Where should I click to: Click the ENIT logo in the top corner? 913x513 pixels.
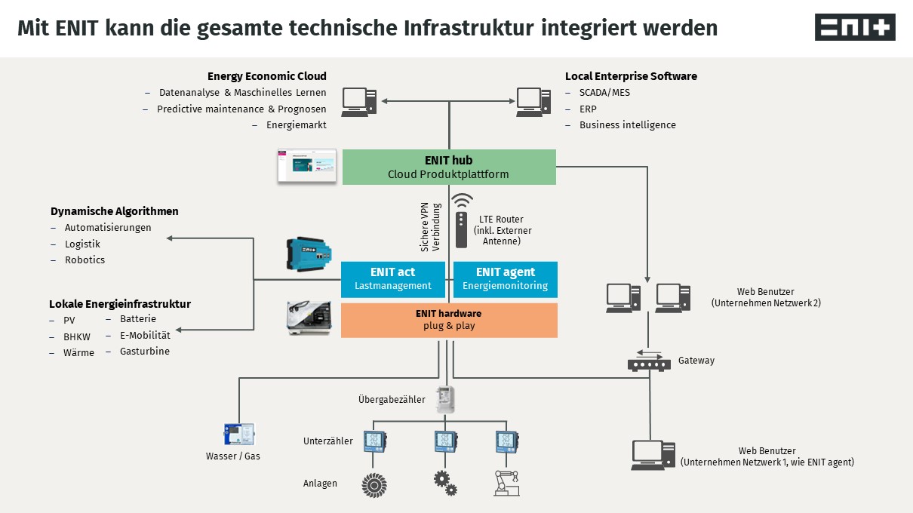pyautogui.click(x=855, y=27)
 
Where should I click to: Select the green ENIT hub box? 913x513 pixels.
pyautogui.click(x=449, y=167)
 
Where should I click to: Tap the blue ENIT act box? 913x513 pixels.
pyautogui.click(x=392, y=279)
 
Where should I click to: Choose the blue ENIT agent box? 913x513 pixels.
pyautogui.click(x=505, y=279)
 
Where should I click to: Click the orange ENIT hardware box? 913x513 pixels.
pyautogui.click(x=449, y=320)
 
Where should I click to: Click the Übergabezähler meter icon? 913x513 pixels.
pyautogui.click(x=447, y=398)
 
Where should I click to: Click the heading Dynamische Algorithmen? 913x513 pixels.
pyautogui.click(x=115, y=211)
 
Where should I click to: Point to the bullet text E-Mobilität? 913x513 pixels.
pyautogui.click(x=145, y=335)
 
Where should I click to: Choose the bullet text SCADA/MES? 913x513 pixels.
pyautogui.click(x=604, y=92)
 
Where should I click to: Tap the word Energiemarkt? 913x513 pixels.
pyautogui.click(x=297, y=125)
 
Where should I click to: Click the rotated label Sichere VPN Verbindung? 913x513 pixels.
pyautogui.click(x=429, y=226)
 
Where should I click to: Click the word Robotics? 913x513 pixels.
pyautogui.click(x=85, y=260)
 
